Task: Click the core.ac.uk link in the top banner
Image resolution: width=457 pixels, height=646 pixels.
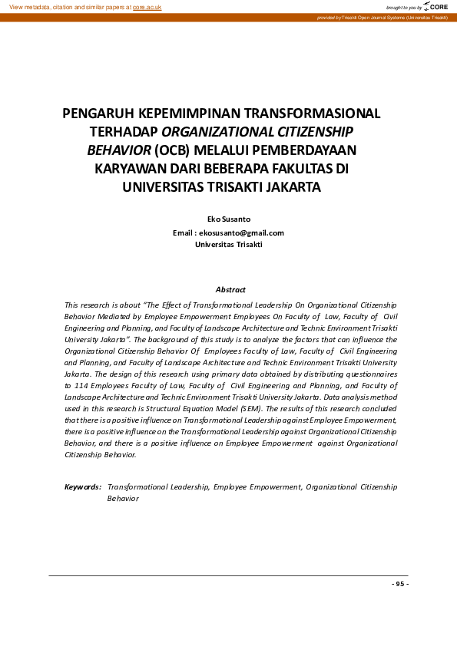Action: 147,6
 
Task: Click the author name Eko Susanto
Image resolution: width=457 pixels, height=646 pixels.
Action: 229,219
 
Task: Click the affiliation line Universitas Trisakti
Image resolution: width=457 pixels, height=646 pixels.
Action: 229,244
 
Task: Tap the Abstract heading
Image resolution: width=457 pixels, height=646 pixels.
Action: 230,289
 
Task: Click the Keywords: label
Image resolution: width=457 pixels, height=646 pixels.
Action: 83,486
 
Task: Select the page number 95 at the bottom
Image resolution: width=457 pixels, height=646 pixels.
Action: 399,584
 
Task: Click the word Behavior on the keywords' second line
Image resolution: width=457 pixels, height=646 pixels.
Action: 123,499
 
